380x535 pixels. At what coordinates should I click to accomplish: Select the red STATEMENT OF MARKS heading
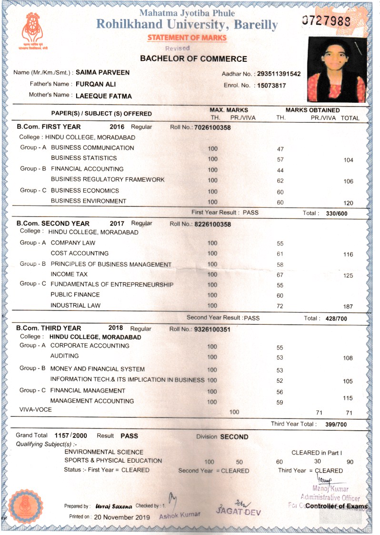[187, 38]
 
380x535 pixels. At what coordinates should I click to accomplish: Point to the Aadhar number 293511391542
[279, 74]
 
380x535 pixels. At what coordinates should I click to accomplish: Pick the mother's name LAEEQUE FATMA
[104, 96]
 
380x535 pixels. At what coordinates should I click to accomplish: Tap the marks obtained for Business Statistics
[280, 159]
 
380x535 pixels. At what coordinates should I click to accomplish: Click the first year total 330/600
[337, 214]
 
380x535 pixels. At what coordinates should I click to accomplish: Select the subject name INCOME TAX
[69, 274]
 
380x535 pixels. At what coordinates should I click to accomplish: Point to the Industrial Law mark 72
[280, 306]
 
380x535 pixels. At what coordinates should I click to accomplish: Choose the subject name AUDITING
[65, 356]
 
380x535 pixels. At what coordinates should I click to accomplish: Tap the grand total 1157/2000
[71, 435]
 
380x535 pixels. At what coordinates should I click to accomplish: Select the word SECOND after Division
[234, 437]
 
